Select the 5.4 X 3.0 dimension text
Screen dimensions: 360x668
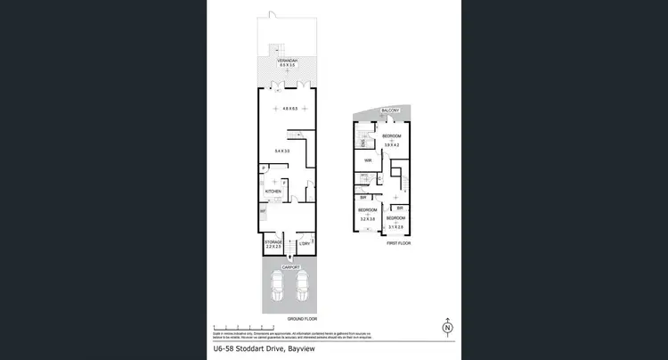point(282,151)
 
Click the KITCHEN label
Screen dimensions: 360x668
point(273,192)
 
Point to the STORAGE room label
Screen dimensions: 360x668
point(273,241)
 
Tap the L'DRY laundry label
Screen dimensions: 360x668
point(304,243)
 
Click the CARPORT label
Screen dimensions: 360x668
point(287,266)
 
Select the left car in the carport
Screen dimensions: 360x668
point(276,287)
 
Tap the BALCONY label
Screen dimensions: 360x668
point(390,110)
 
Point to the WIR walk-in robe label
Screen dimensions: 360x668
point(367,160)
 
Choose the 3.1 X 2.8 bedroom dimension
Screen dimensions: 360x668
point(395,226)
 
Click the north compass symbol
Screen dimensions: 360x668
point(446,329)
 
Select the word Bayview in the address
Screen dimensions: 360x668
point(318,349)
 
